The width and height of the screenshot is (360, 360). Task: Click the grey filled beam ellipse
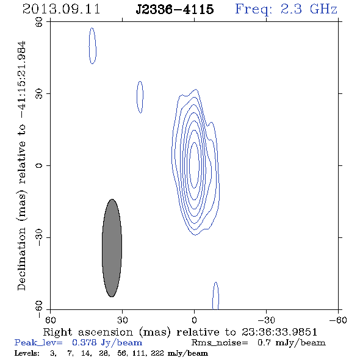[112, 248]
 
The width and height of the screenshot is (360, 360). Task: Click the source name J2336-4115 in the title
[175, 9]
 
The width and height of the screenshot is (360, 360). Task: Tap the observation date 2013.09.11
[61, 9]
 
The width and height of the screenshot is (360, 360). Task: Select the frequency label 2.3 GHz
[309, 9]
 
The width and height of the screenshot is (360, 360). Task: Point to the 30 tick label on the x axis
[122, 320]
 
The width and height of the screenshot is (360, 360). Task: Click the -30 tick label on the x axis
[266, 320]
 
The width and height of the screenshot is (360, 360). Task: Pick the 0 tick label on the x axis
[194, 320]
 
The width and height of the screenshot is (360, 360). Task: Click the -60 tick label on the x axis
[338, 320]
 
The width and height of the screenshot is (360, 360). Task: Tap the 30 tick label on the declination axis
[39, 94]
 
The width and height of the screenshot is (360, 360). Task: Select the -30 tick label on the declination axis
[39, 237]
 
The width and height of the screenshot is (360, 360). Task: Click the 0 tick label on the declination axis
[39, 165]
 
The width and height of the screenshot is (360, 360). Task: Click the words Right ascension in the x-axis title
[88, 332]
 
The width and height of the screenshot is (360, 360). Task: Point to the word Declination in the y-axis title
[21, 259]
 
